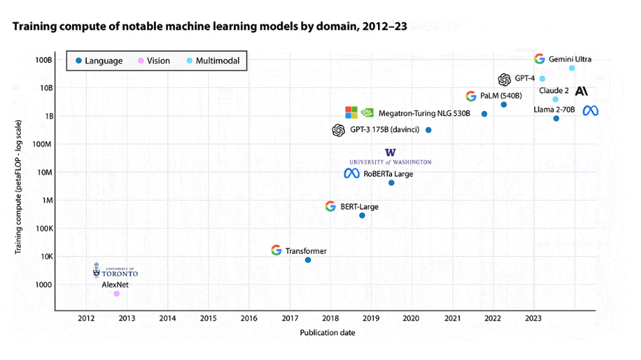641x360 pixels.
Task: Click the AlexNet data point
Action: click(x=117, y=293)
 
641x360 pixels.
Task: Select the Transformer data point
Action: click(x=308, y=259)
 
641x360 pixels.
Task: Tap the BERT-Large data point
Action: click(x=362, y=215)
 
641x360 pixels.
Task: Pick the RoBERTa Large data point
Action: click(x=391, y=182)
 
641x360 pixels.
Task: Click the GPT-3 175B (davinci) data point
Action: click(x=428, y=130)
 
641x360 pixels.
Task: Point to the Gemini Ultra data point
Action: click(x=572, y=68)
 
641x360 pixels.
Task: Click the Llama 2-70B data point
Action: click(x=556, y=119)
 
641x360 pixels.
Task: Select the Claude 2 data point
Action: click(x=555, y=99)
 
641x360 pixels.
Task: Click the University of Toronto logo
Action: click(x=115, y=271)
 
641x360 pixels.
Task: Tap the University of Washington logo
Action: click(x=390, y=157)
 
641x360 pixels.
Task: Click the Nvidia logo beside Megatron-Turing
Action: click(x=368, y=112)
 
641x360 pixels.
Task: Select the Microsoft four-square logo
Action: click(x=352, y=112)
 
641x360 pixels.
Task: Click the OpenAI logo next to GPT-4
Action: click(x=504, y=79)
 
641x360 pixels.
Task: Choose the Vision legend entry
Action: click(x=153, y=61)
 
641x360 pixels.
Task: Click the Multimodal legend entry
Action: click(x=212, y=61)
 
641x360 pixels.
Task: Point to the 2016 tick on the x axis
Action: click(x=249, y=318)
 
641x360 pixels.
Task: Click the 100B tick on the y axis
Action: click(x=43, y=60)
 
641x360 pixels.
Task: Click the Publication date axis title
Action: click(x=327, y=333)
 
